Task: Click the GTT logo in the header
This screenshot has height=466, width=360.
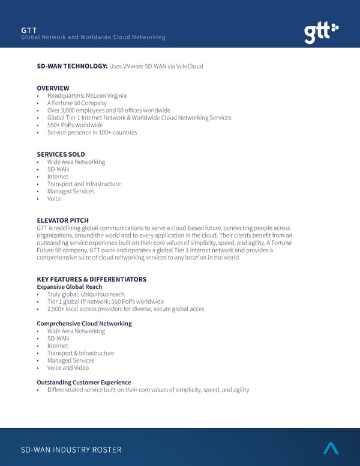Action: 320,33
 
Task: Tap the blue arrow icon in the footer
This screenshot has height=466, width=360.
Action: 331,448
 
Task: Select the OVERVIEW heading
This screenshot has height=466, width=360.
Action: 53,88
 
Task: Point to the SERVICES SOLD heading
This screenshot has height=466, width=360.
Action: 61,154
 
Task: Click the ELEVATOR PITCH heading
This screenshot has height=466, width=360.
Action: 62,220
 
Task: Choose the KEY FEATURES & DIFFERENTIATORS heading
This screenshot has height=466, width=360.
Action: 91,279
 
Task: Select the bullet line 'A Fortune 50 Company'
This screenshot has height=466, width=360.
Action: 77,103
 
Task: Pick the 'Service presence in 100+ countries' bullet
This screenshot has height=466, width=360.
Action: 92,132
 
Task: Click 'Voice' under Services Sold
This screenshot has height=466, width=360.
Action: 54,199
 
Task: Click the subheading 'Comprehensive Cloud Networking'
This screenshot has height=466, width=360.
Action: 84,324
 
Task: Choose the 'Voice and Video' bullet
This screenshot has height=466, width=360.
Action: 68,368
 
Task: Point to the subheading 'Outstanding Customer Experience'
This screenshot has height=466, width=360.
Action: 83,383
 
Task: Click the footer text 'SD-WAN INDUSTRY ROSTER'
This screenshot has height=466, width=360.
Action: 71,450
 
